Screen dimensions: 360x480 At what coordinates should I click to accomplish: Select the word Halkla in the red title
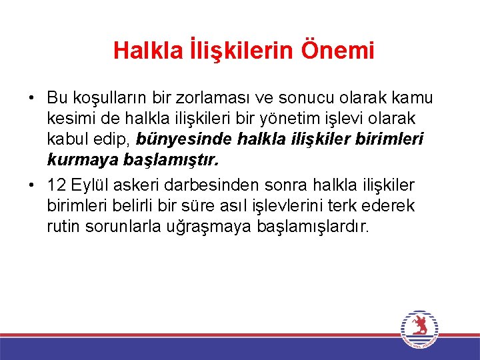141,50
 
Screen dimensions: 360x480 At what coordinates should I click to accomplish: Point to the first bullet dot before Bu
31,98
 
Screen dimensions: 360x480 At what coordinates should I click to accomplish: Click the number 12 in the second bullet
56,185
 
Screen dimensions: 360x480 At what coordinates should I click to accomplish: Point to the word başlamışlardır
312,227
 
